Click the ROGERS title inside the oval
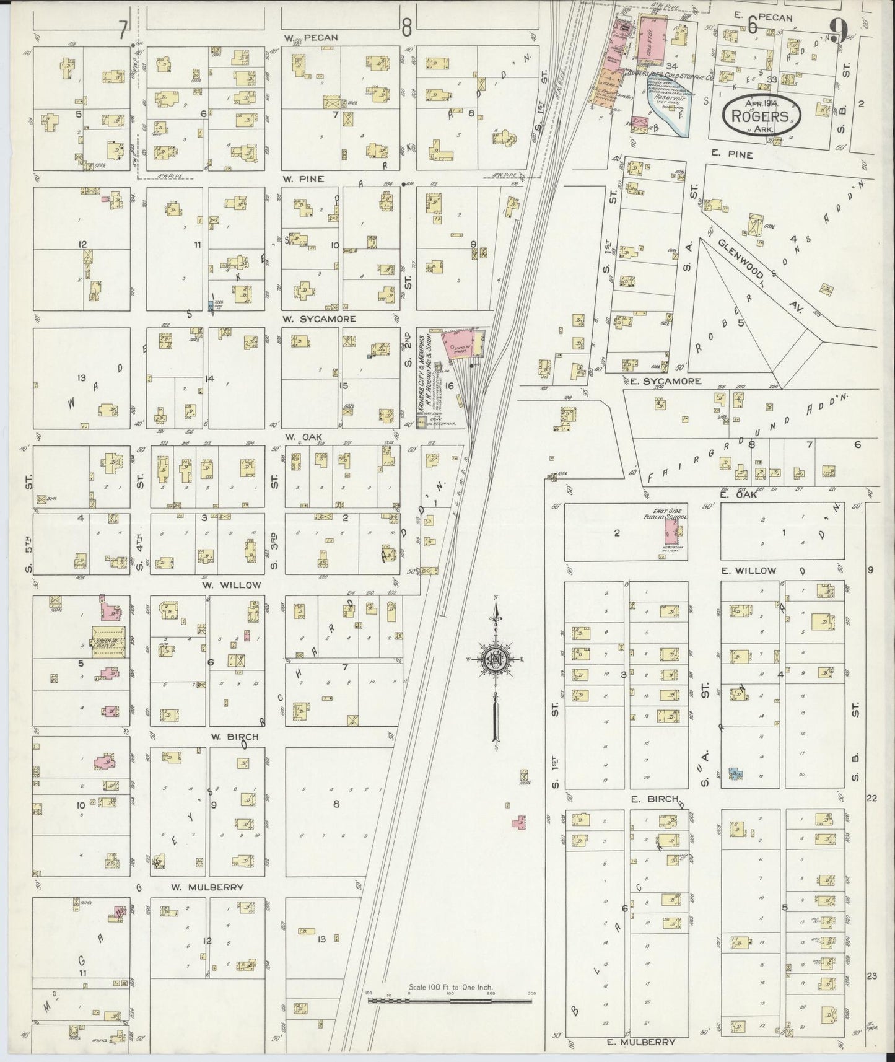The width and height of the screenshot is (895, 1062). coord(760,116)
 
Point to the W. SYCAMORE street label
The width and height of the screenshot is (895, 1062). coord(320,319)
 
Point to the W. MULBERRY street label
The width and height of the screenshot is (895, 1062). coord(207,887)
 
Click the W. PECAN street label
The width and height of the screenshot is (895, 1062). coord(311,37)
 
